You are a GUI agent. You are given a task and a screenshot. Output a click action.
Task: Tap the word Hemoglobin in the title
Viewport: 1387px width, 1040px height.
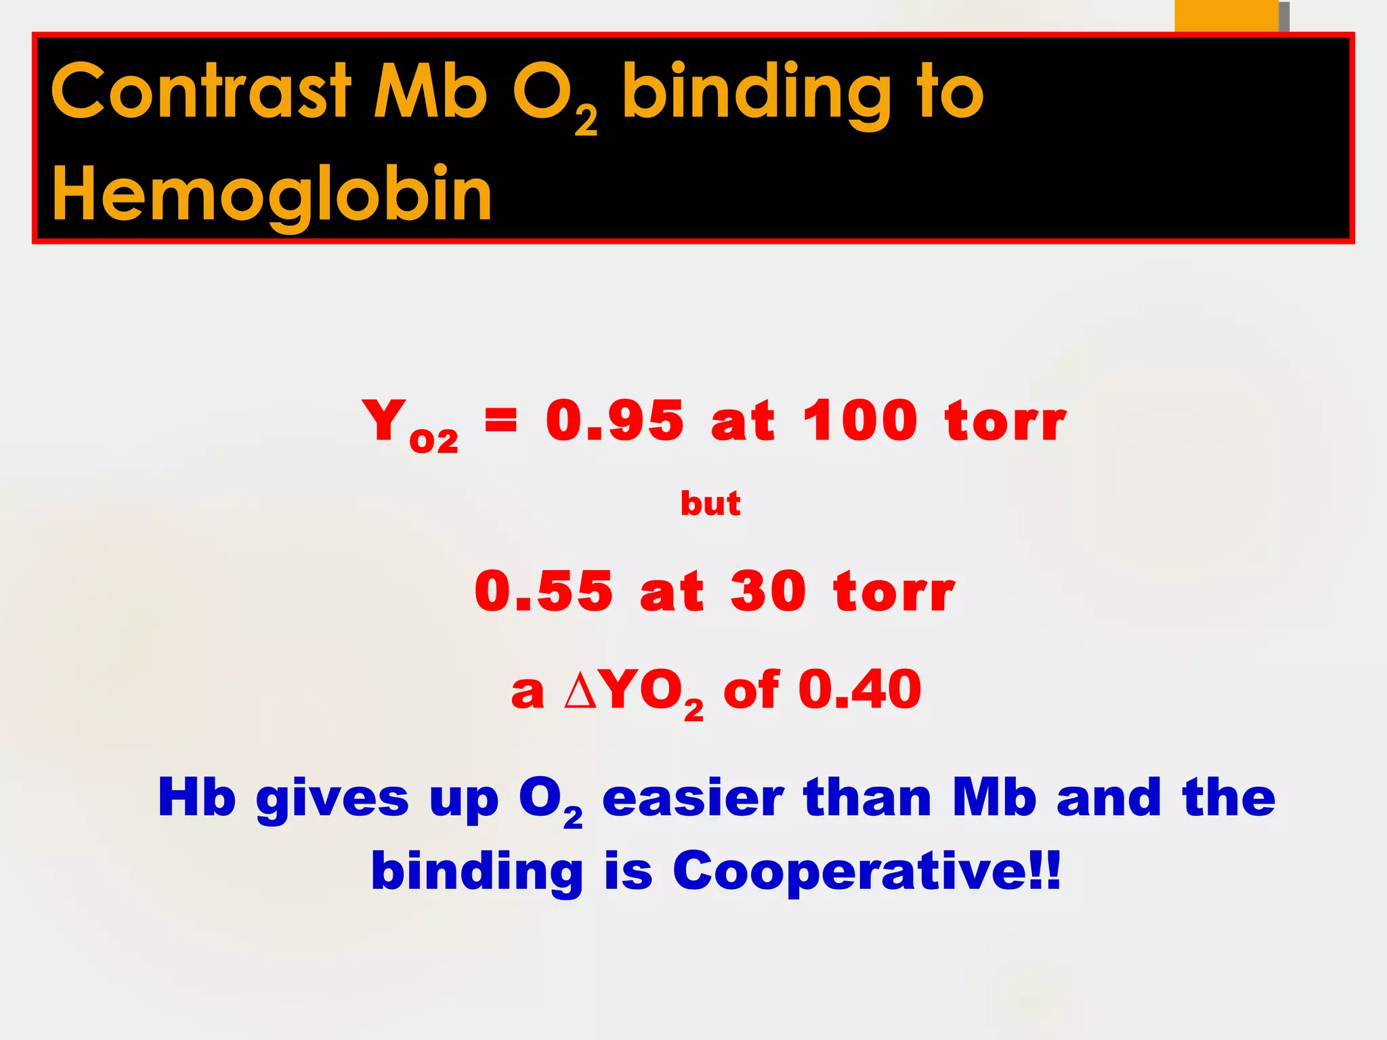[x=272, y=195]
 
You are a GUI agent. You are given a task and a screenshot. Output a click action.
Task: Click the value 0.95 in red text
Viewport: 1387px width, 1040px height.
[x=614, y=421]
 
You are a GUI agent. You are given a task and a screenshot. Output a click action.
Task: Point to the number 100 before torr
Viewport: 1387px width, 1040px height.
[x=859, y=421]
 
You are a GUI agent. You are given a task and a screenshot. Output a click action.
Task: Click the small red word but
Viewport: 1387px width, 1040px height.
[x=710, y=504]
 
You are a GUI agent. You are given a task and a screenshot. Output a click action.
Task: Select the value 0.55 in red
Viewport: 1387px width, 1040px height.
[x=543, y=592]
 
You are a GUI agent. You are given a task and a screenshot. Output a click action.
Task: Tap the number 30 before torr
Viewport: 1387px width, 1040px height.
[x=768, y=592]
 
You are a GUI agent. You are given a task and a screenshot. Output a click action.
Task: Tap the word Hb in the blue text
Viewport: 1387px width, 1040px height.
[x=196, y=798]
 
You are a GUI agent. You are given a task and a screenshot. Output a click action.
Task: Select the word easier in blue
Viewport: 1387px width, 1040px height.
[x=692, y=799]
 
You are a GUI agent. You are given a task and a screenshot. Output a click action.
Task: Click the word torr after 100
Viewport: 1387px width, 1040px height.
[x=1005, y=421]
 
